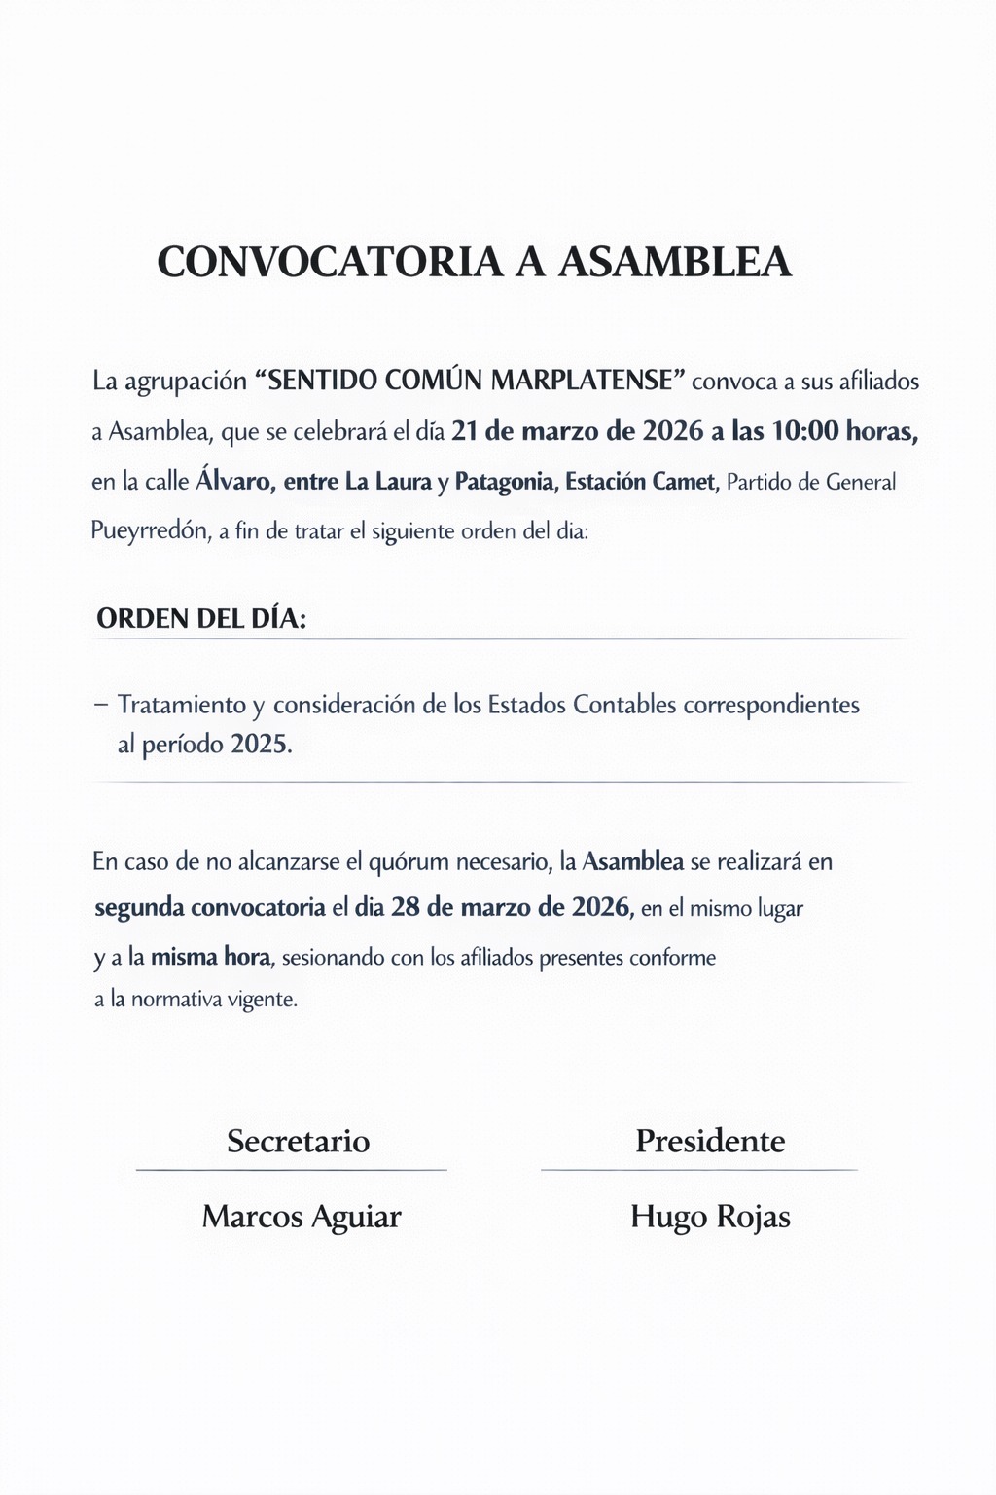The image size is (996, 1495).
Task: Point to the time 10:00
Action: [x=804, y=431]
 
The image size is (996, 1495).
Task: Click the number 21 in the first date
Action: [x=466, y=431]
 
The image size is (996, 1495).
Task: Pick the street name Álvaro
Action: [x=233, y=482]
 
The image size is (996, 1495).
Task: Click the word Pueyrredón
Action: [x=150, y=531]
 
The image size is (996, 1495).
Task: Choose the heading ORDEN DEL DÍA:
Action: [x=201, y=619]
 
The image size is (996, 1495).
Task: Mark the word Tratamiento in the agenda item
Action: [x=182, y=705]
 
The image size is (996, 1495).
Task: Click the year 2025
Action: [x=261, y=746]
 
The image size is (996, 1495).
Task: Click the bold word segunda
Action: [x=139, y=909]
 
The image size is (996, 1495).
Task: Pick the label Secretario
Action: [x=299, y=1141]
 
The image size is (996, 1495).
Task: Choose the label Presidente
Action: [x=710, y=1141]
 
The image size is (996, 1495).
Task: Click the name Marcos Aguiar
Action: [x=302, y=1217]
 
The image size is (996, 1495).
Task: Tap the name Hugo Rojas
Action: [x=710, y=1217]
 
